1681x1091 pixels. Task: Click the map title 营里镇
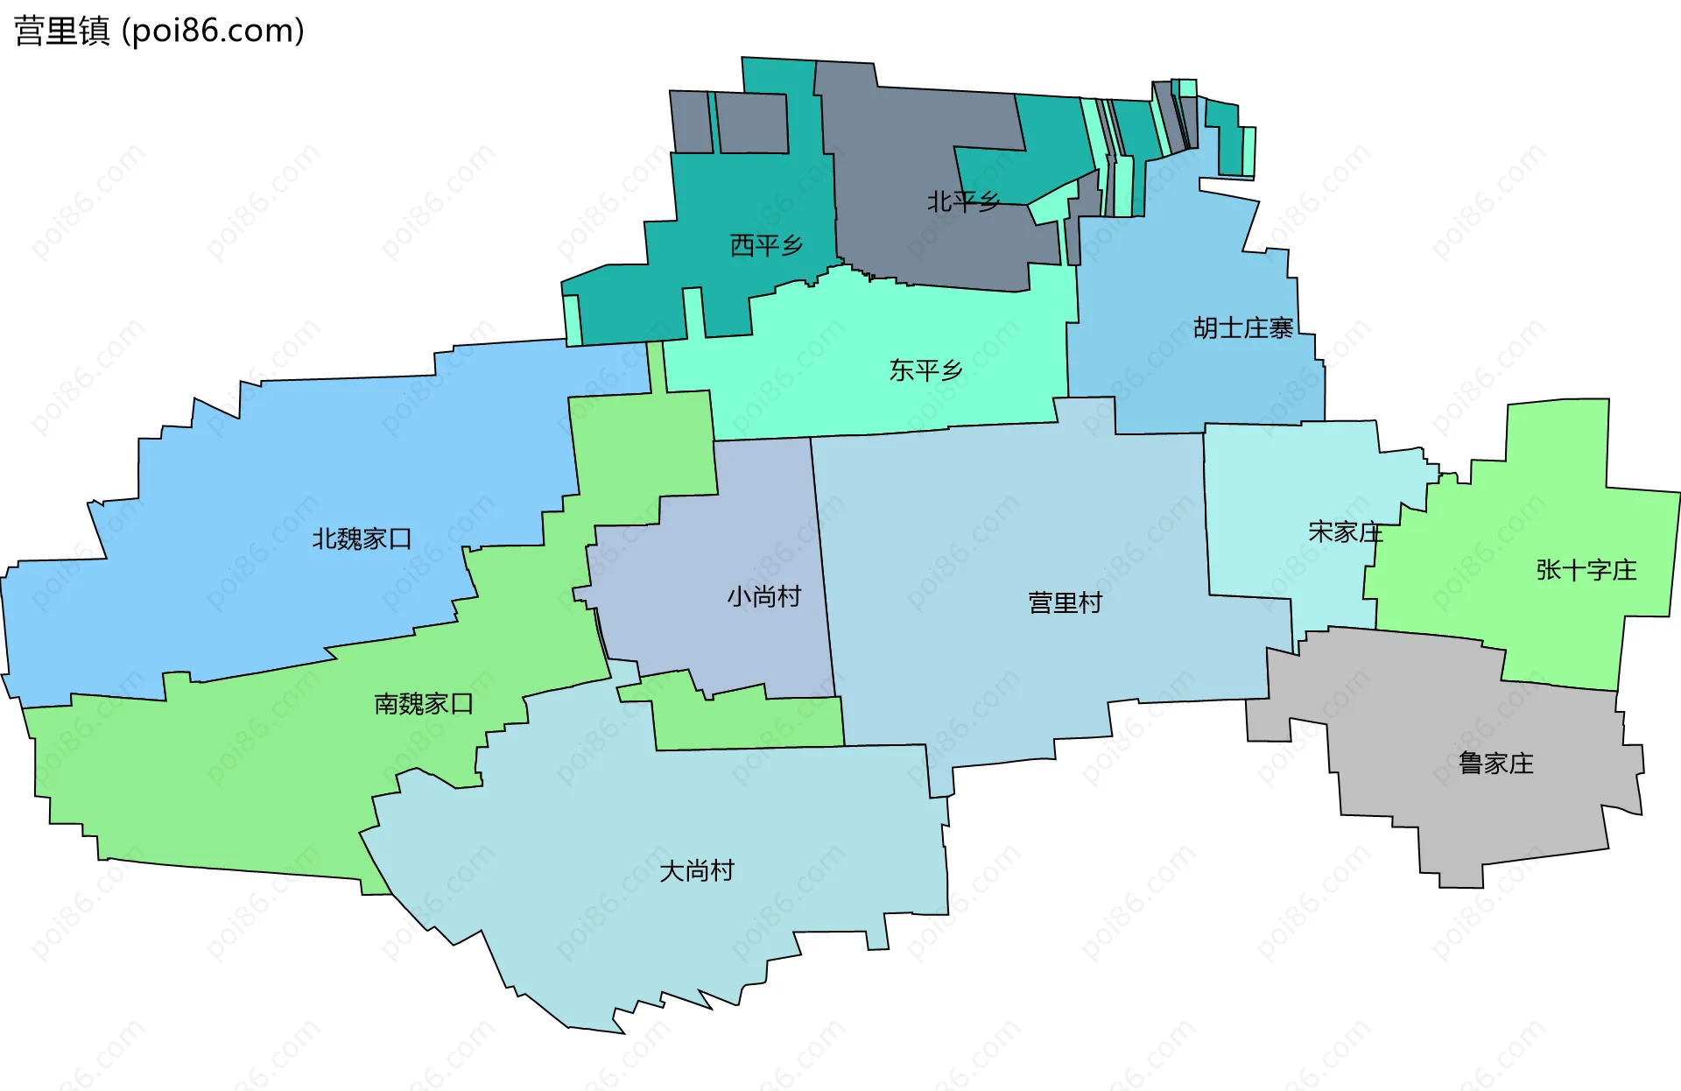point(61,32)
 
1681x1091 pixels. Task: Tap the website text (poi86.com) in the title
point(213,32)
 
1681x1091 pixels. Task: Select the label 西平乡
point(766,245)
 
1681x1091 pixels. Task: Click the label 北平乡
point(963,202)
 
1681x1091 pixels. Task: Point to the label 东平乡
point(925,370)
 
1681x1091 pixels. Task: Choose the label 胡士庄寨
point(1242,328)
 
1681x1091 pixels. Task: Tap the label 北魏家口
point(362,538)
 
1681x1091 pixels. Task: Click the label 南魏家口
point(424,704)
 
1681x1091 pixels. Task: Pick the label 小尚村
point(763,597)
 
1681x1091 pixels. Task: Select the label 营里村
point(1065,602)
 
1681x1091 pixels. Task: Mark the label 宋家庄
point(1345,532)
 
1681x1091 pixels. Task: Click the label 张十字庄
point(1586,571)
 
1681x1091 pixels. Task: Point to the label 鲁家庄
point(1495,764)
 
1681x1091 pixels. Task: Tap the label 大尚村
point(696,871)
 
